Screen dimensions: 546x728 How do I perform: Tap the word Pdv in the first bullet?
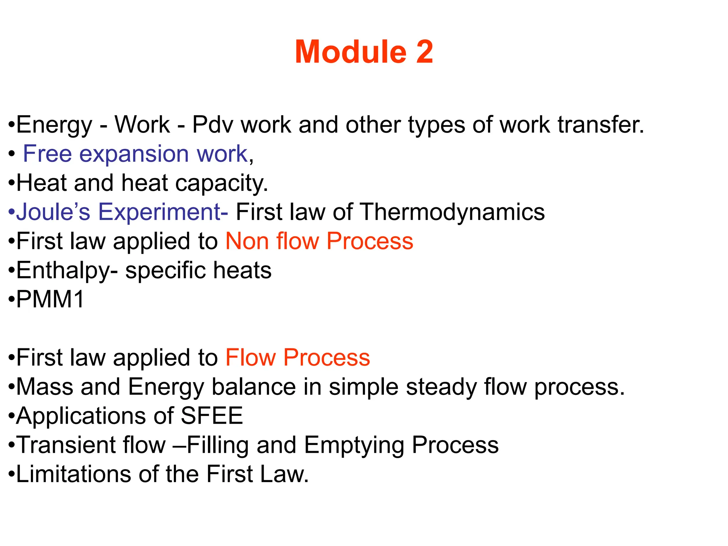tap(213, 125)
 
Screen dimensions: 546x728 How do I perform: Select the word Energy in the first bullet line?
tap(54, 125)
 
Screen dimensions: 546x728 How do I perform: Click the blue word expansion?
tap(134, 154)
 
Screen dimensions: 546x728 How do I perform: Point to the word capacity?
tap(221, 184)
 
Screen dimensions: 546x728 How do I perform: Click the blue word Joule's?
tap(53, 212)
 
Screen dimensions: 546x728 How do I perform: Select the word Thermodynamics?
tap(452, 212)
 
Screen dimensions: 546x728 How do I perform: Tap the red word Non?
tap(247, 241)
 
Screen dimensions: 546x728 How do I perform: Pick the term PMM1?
tap(50, 299)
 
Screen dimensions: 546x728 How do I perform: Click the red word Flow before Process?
tap(251, 358)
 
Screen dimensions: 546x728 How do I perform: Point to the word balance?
tap(254, 387)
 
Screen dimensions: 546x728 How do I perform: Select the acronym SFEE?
tap(212, 416)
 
